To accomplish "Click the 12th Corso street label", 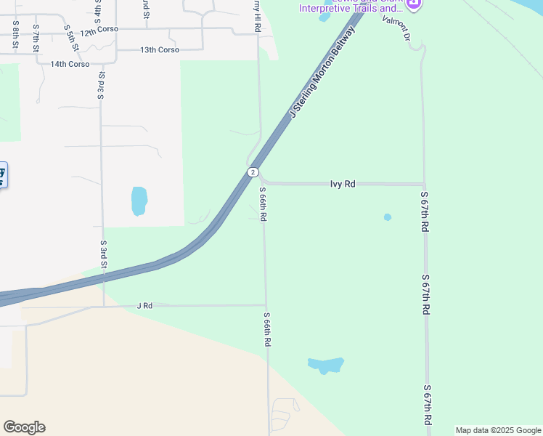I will [99, 33].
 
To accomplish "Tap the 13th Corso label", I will [159, 50].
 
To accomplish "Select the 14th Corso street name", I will [70, 64].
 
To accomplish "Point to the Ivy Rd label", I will [343, 185].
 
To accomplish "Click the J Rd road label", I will [144, 306].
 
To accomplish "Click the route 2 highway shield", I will [252, 172].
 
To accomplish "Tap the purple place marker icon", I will [414, 4].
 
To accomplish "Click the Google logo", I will [24, 427].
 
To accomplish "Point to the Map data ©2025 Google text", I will [498, 430].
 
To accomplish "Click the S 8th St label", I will [15, 34].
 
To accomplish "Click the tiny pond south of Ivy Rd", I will [388, 217].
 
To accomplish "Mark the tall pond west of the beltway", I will [139, 201].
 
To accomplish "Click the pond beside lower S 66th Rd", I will [325, 365].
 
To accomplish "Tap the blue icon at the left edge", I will [2, 174].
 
